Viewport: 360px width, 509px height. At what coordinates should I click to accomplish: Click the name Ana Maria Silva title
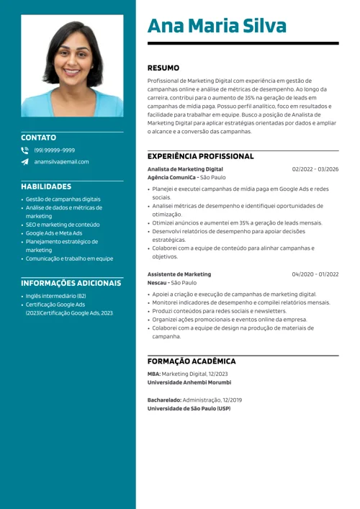[x=217, y=26]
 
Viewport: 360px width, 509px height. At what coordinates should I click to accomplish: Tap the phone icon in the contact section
[x=25, y=150]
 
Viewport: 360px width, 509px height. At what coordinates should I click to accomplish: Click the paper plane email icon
[x=25, y=162]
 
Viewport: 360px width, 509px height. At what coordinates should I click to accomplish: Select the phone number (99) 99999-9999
[x=55, y=150]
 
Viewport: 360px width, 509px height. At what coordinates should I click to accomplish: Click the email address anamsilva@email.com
[x=62, y=162]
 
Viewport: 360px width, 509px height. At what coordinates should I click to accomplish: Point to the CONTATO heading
[x=38, y=137]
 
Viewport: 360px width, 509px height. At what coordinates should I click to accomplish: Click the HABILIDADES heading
[x=46, y=186]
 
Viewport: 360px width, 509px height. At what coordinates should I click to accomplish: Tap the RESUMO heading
[x=163, y=68]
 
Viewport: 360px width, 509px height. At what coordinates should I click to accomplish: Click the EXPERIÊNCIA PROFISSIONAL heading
[x=200, y=156]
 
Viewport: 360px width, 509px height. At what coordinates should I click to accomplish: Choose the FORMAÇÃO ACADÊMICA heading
[x=192, y=361]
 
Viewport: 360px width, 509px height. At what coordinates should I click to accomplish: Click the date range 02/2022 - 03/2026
[x=315, y=169]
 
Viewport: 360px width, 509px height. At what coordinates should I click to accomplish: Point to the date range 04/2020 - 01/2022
[x=315, y=274]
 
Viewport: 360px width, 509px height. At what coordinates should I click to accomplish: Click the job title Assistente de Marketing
[x=179, y=274]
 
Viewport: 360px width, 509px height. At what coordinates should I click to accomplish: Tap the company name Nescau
[x=157, y=283]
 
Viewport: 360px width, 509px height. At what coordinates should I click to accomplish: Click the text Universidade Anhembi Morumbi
[x=188, y=382]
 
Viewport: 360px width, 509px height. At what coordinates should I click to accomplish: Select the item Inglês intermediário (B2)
[x=56, y=296]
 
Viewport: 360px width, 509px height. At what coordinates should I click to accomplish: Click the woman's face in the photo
[x=72, y=55]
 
